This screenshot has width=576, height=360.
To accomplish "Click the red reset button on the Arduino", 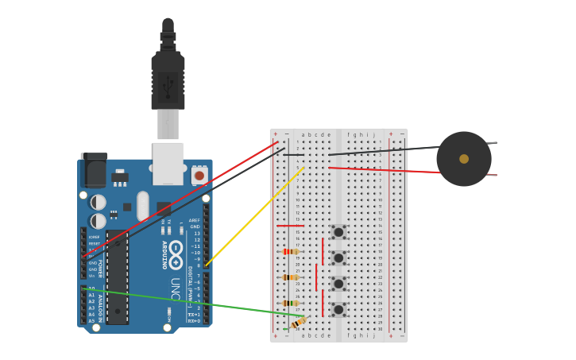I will [x=199, y=175].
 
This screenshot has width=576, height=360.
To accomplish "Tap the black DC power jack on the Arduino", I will [x=94, y=170].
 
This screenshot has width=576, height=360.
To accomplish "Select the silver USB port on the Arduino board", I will [x=168, y=163].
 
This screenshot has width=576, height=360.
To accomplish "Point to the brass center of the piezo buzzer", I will [x=464, y=159].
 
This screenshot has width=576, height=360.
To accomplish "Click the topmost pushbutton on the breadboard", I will [x=338, y=232].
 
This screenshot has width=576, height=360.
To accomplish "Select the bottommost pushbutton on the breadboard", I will [x=338, y=309].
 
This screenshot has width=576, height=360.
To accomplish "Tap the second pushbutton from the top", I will [x=338, y=257].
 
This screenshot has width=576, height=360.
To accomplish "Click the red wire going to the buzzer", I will [x=381, y=169].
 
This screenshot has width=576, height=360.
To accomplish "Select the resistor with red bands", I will [x=291, y=251].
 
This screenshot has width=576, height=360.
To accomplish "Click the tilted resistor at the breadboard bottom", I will [x=298, y=323].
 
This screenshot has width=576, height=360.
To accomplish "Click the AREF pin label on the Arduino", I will [x=194, y=220].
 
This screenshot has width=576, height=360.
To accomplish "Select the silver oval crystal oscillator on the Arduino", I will [x=143, y=206].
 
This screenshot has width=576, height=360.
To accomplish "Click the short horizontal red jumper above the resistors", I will [x=289, y=226].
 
